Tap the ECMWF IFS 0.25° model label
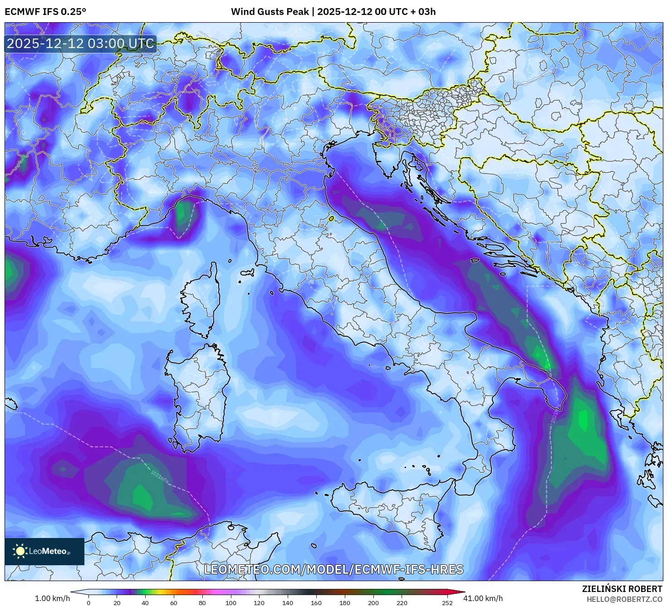pyautogui.click(x=45, y=11)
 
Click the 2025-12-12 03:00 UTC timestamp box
pyautogui.click(x=80, y=44)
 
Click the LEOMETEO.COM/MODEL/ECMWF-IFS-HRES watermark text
pyautogui.click(x=333, y=569)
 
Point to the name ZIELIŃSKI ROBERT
pyautogui.click(x=622, y=589)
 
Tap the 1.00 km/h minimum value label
pyautogui.click(x=52, y=598)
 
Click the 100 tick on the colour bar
pyautogui.click(x=231, y=603)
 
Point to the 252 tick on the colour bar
pyautogui.click(x=447, y=603)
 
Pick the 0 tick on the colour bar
pyautogui.click(x=88, y=603)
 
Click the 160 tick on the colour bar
pyautogui.click(x=316, y=603)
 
